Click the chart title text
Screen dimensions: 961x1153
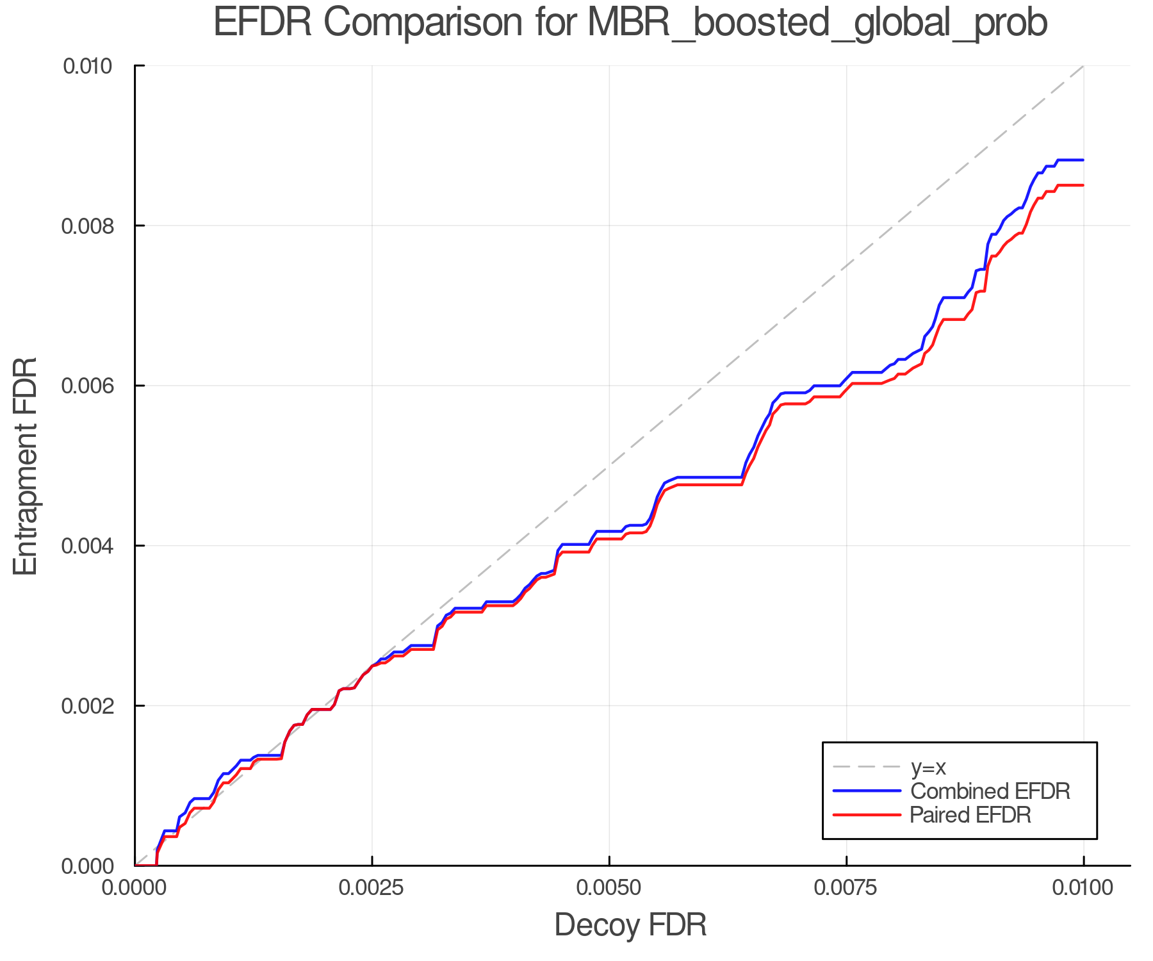click(x=630, y=23)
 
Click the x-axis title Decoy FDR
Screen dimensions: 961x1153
click(x=630, y=925)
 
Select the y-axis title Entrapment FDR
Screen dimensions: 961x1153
click(x=26, y=466)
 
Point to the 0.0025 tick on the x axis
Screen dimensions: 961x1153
click(x=372, y=888)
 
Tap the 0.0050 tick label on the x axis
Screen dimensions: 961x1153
click(x=609, y=888)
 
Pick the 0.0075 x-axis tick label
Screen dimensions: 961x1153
click(x=846, y=888)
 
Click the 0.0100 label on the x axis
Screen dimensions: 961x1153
click(x=1083, y=888)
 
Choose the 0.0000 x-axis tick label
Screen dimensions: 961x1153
click(x=135, y=888)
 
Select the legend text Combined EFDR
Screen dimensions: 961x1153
click(x=990, y=791)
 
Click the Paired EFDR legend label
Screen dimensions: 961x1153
click(x=970, y=815)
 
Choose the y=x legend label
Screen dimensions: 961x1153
click(x=928, y=767)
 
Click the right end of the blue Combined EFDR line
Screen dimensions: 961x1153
click(x=1083, y=160)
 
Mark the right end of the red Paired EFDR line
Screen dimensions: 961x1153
click(x=1083, y=185)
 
